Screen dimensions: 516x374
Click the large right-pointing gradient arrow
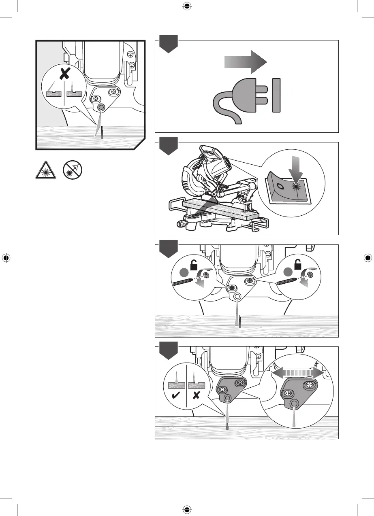[245, 62]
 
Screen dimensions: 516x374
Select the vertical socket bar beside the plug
[276, 96]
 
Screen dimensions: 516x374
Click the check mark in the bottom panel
[176, 397]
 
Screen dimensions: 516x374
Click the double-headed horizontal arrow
[298, 372]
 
